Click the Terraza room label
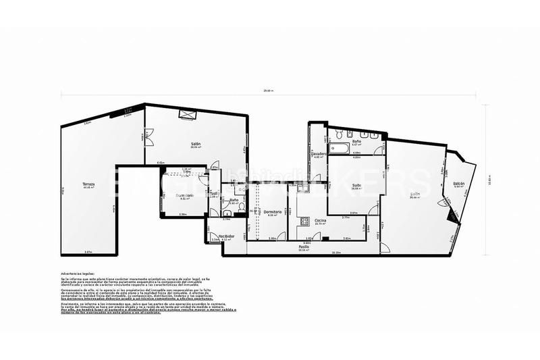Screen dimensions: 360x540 point(88,184)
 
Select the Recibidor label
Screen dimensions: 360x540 point(227,236)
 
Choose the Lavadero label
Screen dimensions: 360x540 point(319,154)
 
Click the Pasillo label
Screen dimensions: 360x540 point(304,247)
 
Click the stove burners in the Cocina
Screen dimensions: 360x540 point(304,220)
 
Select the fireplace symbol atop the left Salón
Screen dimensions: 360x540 point(185,115)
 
